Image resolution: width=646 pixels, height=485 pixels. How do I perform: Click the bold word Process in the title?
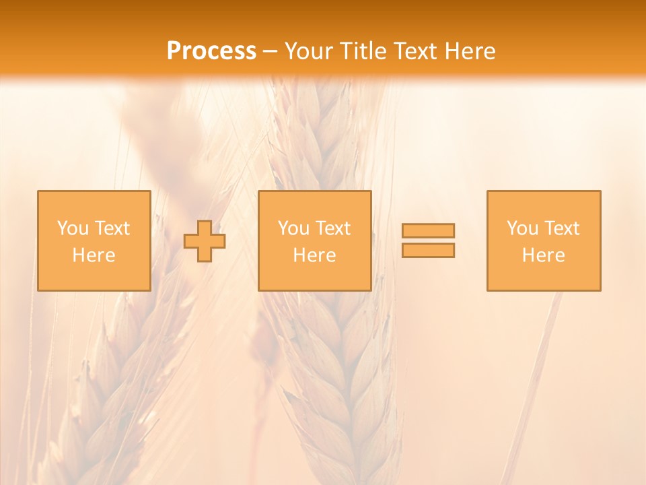(x=211, y=51)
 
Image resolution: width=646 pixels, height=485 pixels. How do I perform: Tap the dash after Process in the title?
(x=271, y=52)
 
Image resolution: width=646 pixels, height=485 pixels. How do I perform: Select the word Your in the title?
(x=310, y=51)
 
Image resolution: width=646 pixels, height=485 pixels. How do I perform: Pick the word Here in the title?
(x=472, y=51)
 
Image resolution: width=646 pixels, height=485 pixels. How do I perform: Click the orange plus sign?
(x=205, y=241)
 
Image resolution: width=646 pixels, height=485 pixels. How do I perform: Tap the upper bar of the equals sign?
(x=428, y=230)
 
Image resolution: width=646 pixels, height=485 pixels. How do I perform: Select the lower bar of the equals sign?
(x=428, y=251)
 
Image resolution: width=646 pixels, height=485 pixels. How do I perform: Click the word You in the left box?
(x=73, y=228)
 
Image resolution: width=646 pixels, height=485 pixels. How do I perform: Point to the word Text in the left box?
(x=112, y=228)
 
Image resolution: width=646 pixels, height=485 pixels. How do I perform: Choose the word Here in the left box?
(x=94, y=255)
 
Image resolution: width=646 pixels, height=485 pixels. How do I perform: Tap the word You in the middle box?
(x=293, y=228)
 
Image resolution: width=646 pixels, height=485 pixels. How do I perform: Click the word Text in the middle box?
(x=332, y=228)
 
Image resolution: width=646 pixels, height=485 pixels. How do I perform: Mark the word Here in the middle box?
(x=314, y=255)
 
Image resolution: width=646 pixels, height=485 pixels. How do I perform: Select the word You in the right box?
(x=522, y=228)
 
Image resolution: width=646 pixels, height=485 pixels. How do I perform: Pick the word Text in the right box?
(x=561, y=228)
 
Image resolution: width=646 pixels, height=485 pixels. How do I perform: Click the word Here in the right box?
(x=543, y=255)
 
